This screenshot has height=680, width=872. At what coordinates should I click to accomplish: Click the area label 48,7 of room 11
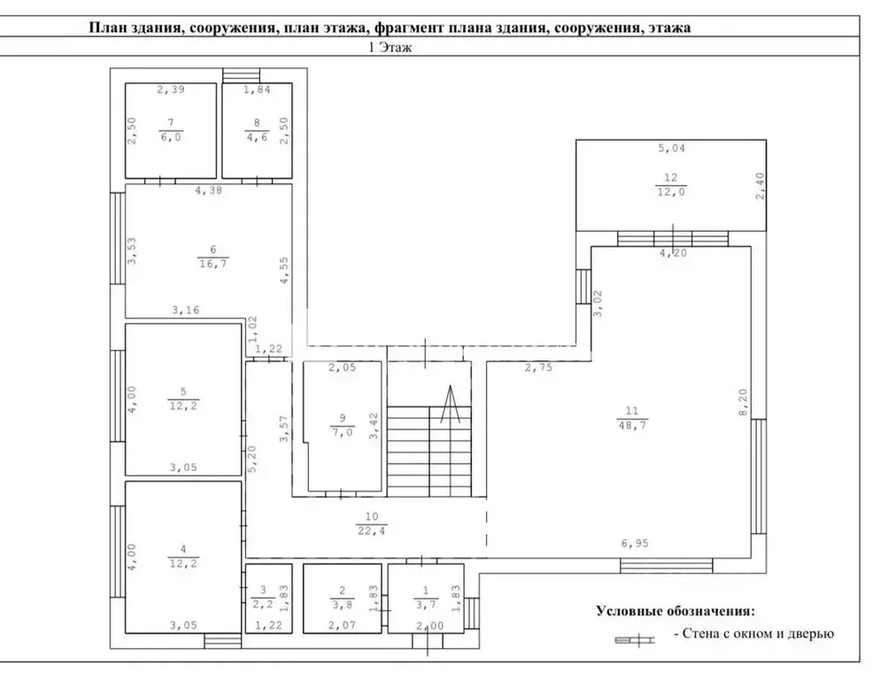[x=632, y=425]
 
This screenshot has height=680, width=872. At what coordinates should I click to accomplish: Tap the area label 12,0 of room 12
[x=671, y=192]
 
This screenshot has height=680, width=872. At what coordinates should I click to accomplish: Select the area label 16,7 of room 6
[x=213, y=264]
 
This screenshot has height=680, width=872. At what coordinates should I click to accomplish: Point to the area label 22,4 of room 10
[x=372, y=531]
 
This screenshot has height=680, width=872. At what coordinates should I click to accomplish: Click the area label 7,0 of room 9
[x=343, y=432]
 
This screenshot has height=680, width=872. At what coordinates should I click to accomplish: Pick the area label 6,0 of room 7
[x=171, y=136]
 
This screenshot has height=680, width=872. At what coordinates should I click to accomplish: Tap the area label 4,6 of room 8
[x=257, y=136]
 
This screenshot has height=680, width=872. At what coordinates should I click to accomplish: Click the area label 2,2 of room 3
[x=263, y=605]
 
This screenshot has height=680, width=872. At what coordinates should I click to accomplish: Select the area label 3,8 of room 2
[x=343, y=605]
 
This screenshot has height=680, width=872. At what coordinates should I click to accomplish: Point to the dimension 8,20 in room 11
[x=744, y=403]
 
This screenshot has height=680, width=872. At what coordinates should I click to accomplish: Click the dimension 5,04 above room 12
[x=671, y=148]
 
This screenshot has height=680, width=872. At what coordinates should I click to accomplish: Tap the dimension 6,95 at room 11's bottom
[x=635, y=544]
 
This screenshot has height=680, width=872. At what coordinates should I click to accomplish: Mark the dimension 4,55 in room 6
[x=284, y=270]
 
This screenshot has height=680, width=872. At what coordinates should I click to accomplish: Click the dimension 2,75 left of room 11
[x=538, y=367]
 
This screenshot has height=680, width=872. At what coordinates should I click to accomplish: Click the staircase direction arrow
[x=450, y=404]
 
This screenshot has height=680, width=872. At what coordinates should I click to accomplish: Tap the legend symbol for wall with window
[x=635, y=640]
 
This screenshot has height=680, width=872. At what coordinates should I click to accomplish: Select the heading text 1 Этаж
[x=390, y=47]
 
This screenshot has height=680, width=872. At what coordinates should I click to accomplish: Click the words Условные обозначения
[x=676, y=611]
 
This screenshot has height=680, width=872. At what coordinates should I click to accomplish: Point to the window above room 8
[x=242, y=75]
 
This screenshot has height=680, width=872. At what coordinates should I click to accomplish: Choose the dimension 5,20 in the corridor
[x=252, y=460]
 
